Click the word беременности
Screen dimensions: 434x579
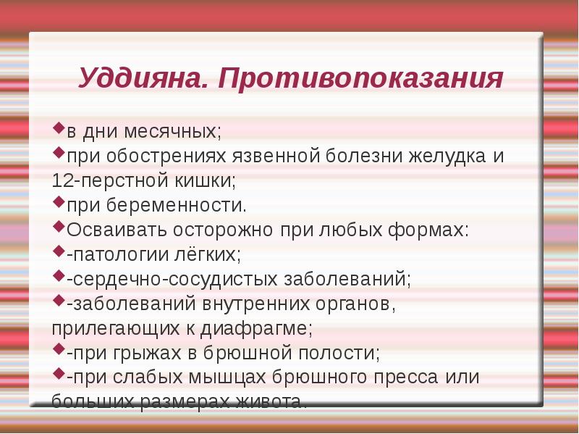click(181, 205)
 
